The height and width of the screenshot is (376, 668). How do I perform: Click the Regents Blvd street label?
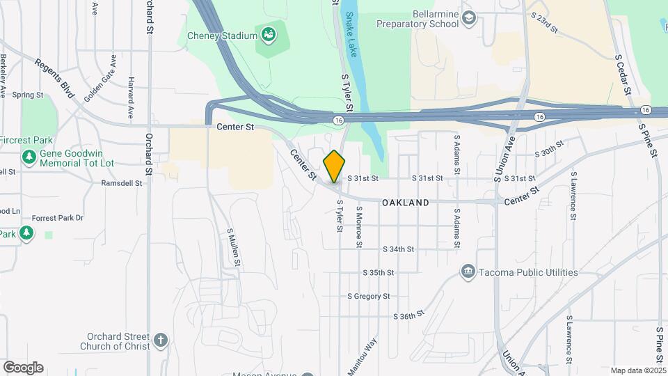click(x=54, y=78)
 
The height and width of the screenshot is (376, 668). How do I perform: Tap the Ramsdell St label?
click(x=122, y=184)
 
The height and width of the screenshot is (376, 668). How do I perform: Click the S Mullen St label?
click(x=234, y=247)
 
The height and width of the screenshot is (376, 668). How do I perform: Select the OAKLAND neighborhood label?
click(x=405, y=203)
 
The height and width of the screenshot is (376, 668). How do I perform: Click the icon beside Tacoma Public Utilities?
click(x=468, y=272)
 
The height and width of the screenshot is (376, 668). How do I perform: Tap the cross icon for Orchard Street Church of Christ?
click(x=161, y=340)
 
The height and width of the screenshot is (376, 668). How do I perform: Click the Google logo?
click(x=23, y=368)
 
